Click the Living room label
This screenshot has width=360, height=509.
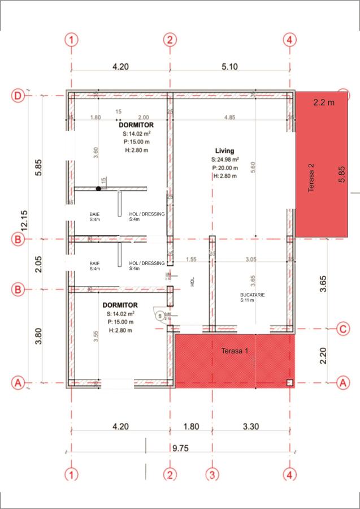click(x=224, y=150)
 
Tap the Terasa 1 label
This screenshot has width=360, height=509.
click(x=234, y=351)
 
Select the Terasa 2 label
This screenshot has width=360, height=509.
click(x=311, y=179)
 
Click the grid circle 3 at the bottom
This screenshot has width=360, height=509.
click(x=212, y=475)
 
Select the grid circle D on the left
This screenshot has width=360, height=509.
click(x=18, y=96)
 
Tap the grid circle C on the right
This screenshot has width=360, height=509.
click(x=341, y=329)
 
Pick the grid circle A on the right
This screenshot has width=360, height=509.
click(x=341, y=383)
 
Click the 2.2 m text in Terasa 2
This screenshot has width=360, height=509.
click(x=324, y=102)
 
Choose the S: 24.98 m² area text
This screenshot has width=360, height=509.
click(x=225, y=159)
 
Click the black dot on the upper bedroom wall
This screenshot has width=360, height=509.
click(x=98, y=189)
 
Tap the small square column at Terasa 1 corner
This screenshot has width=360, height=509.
click(x=289, y=382)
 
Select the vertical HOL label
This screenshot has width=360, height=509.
click(x=192, y=282)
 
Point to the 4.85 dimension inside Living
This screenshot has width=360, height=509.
click(x=229, y=118)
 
